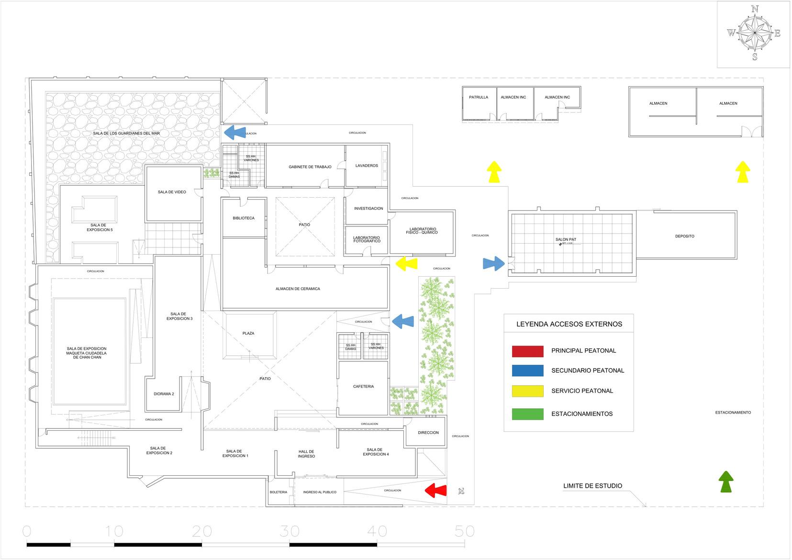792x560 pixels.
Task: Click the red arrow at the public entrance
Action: [435, 491]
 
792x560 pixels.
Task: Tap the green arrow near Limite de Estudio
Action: [726, 481]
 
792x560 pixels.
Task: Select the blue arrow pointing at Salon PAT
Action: [493, 263]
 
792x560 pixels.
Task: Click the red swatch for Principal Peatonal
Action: [527, 351]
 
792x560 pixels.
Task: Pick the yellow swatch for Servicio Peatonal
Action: [527, 391]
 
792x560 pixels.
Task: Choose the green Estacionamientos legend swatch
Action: [527, 414]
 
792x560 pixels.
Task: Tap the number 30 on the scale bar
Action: [290, 531]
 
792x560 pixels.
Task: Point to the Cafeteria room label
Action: [363, 386]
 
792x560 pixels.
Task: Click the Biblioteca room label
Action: [244, 218]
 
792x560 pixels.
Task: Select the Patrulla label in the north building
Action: [479, 97]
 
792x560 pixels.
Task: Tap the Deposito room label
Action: [684, 236]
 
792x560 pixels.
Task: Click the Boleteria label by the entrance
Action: [279, 492]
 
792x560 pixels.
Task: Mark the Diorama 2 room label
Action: [164, 394]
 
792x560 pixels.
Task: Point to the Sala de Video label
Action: [172, 192]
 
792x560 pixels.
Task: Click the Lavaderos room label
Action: [367, 166]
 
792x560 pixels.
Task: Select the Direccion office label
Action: [428, 433]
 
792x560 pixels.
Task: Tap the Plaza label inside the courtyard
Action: [248, 333]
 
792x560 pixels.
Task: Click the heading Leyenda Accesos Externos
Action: [569, 324]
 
